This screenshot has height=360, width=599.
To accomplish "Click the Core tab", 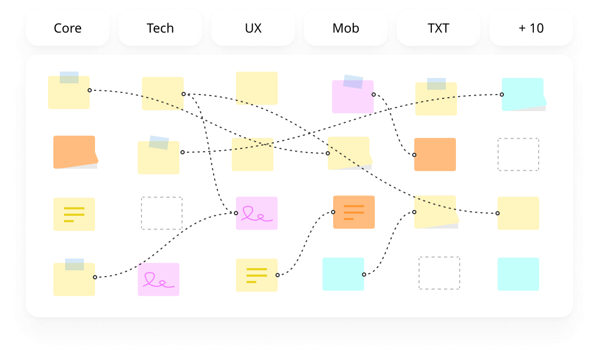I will click(68, 28).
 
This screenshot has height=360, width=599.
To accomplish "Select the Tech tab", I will click(160, 28).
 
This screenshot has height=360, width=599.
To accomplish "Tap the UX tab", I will click(253, 28).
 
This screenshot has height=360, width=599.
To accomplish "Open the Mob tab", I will click(345, 28).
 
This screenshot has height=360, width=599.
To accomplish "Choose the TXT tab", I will click(438, 28).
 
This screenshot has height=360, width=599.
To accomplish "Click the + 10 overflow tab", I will click(531, 28).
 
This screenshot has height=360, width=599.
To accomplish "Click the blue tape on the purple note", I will click(353, 82).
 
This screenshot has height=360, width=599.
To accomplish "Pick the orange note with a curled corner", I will click(74, 152).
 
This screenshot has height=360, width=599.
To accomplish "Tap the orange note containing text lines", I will click(354, 212).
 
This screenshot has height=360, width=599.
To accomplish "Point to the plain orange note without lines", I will click(435, 154).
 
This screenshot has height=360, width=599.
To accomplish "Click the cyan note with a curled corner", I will click(523, 94).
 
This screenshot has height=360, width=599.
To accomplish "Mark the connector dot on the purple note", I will click(374, 95).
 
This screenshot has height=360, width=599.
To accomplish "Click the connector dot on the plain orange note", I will click(414, 155).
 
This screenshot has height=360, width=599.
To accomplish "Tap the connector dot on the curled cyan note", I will click(502, 95).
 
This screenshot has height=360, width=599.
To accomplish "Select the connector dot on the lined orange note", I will click(333, 212).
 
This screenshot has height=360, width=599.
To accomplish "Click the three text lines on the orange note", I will click(353, 212).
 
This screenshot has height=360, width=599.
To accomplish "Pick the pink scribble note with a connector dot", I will click(257, 213).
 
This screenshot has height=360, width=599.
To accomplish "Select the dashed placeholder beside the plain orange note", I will click(518, 154).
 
